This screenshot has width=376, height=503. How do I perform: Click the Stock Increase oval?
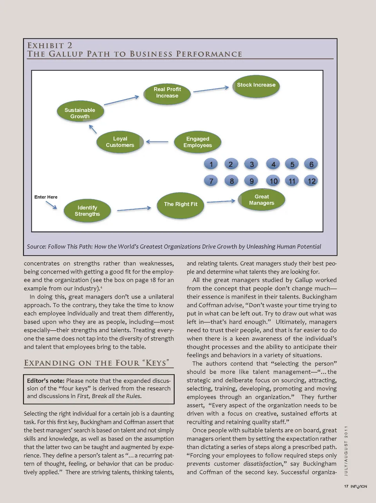pos(256,86)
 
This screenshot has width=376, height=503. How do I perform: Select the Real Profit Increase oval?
pos(167,93)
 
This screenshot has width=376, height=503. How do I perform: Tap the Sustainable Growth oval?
pos(80,113)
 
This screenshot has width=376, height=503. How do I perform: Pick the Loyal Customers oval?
pos(120,142)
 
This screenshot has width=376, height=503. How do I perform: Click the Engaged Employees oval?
pos(198,142)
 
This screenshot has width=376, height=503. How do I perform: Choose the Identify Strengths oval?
pos(87,211)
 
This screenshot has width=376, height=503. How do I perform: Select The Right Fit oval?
pos(181,205)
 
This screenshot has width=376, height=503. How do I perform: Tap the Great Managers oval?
pos(262,200)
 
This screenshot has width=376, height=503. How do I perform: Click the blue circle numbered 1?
pos(211,164)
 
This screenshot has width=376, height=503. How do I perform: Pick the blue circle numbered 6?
pos(311,164)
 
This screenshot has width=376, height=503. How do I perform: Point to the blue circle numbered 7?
pos(211,181)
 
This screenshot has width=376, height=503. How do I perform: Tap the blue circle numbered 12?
pos(311,181)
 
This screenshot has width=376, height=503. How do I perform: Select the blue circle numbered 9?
pos(251,181)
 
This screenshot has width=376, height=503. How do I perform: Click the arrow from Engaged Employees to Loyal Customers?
pos(157,142)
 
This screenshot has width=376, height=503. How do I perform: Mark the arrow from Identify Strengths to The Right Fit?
pos(134,209)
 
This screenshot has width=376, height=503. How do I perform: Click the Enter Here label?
pos(46,197)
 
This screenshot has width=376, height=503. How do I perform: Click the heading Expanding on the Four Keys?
pos(97,363)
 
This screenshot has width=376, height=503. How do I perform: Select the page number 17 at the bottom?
pos(346,487)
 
